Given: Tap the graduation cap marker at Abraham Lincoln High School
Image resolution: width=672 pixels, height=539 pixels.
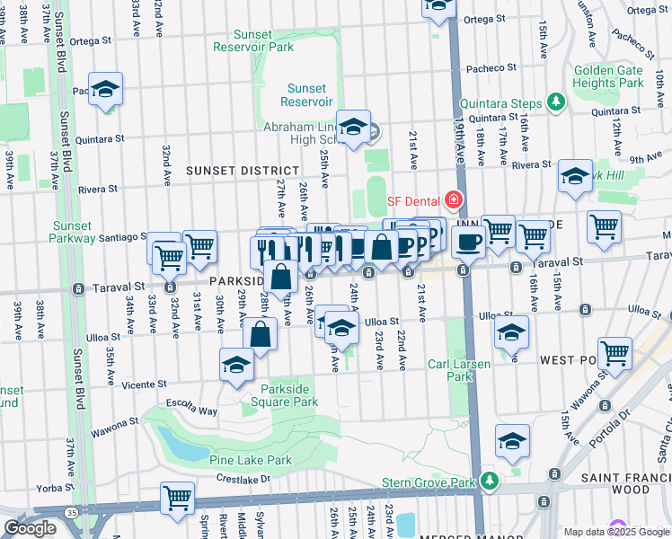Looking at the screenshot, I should [353, 127].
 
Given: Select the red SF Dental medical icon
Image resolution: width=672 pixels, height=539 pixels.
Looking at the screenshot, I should [454, 199].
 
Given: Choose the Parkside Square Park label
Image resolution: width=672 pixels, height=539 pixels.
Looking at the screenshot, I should [289, 395].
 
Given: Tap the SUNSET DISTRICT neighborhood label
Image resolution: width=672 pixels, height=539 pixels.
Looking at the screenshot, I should [243, 171].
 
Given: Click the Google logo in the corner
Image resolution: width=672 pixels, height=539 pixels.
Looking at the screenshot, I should [30, 528].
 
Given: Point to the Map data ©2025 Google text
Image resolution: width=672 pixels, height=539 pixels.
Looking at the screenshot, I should [617, 532].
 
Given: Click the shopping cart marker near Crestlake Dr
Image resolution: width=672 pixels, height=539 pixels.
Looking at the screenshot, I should [178, 496].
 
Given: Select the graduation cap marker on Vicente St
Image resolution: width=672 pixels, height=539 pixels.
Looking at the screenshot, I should [236, 364].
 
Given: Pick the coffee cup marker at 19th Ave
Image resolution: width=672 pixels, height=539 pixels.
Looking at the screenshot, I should [467, 241].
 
